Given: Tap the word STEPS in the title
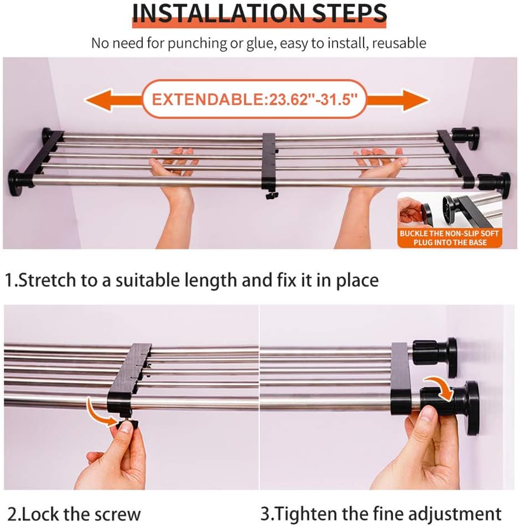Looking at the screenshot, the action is [349, 13].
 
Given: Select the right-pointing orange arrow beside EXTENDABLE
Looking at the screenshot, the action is [398, 100].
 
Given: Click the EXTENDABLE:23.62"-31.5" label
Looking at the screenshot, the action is [255, 100].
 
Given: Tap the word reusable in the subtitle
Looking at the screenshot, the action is [399, 43].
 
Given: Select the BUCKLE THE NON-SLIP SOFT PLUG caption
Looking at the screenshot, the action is [449, 238].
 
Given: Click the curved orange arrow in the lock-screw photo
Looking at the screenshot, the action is [101, 412].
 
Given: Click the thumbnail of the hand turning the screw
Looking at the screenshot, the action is [131, 397].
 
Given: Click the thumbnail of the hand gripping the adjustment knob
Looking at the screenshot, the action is [387, 397].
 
